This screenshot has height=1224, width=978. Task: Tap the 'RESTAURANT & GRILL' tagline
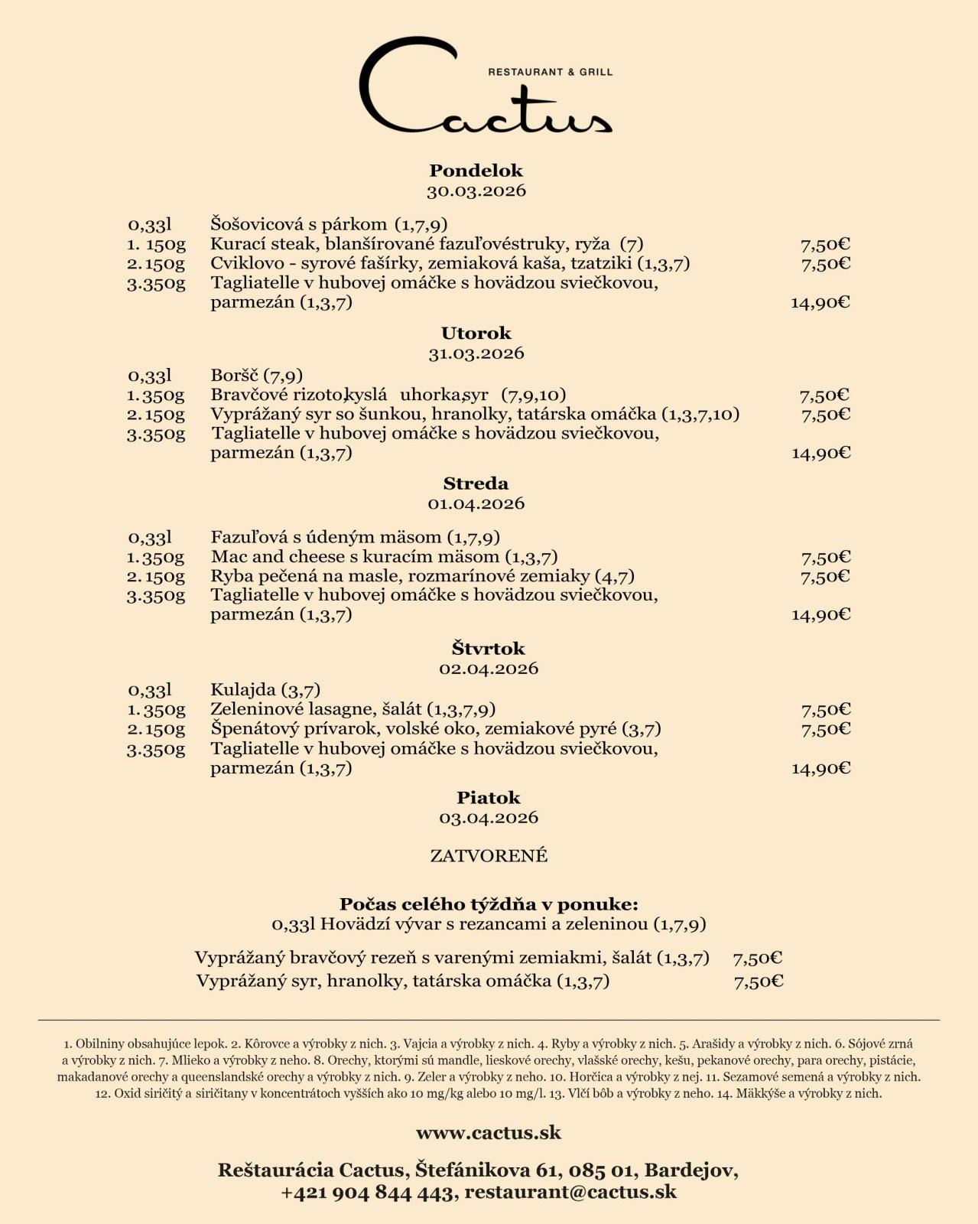[550, 72]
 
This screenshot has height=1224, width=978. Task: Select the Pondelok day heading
[476, 171]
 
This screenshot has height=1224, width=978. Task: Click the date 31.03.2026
[476, 353]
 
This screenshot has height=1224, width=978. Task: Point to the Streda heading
[476, 483]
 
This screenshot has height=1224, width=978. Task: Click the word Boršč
[235, 376]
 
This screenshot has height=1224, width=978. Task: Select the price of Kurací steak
[825, 245]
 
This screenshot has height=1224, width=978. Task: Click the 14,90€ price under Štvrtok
[820, 769]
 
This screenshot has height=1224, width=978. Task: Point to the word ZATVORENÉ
[489, 856]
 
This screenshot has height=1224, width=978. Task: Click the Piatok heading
[489, 798]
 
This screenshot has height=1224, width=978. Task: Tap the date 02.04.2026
[489, 669]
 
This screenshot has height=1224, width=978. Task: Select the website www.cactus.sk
[489, 1133]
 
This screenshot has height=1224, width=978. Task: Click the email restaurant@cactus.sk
[570, 1192]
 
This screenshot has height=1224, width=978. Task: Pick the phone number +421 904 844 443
[367, 1192]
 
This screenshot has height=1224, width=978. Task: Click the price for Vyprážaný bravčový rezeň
[757, 959]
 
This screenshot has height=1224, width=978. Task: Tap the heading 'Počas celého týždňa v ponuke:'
[489, 904]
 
